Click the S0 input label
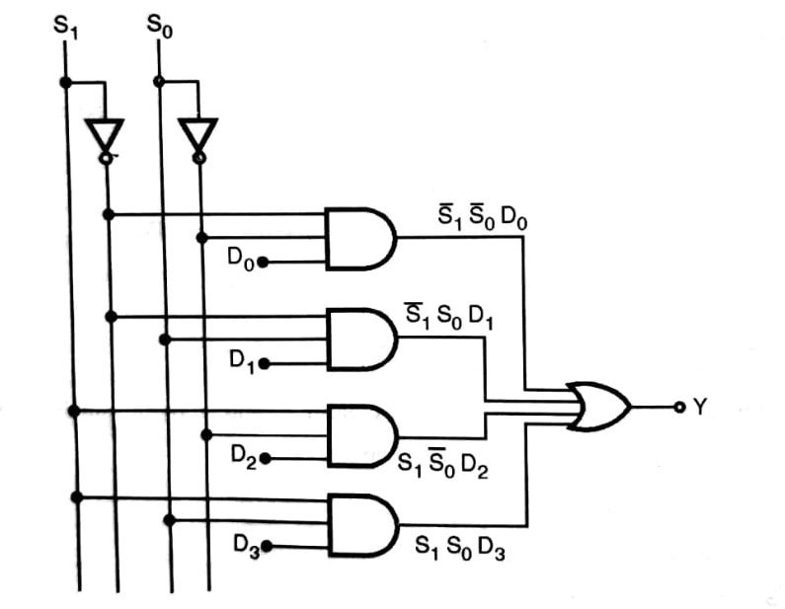158,26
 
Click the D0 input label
241,260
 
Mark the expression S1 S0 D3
460,550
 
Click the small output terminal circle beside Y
678,407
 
